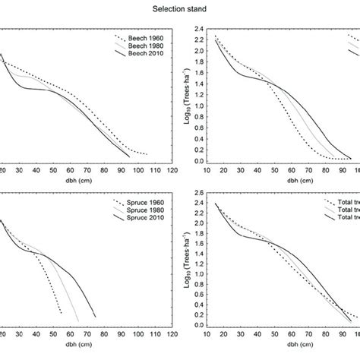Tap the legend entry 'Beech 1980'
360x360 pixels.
(147, 45)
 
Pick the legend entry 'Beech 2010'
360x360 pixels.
(147, 52)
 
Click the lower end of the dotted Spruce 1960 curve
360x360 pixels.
(60, 313)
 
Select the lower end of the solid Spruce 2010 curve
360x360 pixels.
(95, 317)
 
